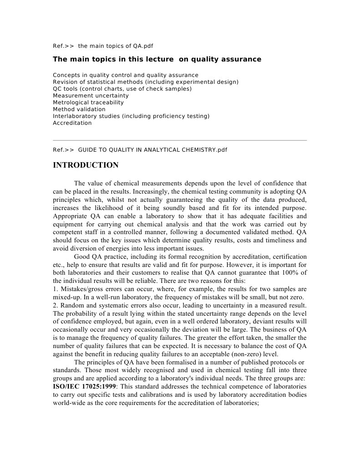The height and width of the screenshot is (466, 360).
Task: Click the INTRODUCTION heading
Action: (86, 165)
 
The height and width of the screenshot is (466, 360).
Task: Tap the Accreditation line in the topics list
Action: (72, 123)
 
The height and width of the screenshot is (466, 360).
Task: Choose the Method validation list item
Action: (79, 109)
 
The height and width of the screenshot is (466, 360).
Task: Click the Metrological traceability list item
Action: (88, 102)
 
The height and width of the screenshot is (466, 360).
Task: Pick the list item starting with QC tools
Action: (122, 89)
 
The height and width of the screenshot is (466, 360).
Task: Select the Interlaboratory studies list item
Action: (131, 116)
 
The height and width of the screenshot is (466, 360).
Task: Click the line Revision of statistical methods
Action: (145, 82)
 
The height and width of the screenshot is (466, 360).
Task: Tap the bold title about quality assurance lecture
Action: (157, 59)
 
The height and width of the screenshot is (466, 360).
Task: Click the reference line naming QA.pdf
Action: (106, 46)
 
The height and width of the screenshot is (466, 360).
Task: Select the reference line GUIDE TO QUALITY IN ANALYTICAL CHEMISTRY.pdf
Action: (140, 149)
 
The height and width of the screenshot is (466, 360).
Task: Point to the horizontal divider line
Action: (180, 140)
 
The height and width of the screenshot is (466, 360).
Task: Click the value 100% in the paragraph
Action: (289, 273)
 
